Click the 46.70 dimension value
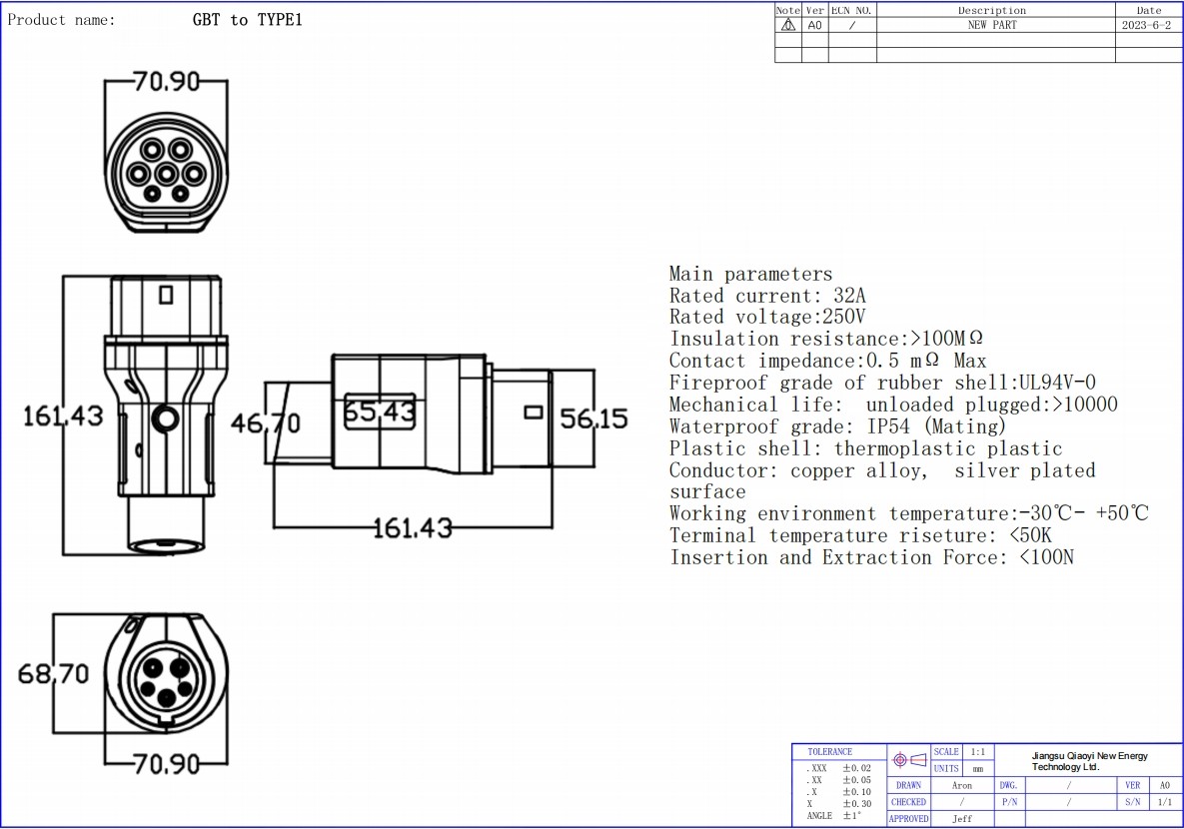point(266,423)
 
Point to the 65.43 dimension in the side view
point(380,412)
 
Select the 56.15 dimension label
point(593,418)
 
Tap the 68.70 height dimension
point(54,674)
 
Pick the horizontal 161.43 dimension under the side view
point(412,527)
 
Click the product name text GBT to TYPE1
point(247,20)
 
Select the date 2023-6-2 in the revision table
point(1146,25)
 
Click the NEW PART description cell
point(992,25)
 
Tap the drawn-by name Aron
point(961,785)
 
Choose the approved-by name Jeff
point(961,819)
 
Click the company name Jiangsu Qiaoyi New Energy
point(1090,756)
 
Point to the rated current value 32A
point(849,296)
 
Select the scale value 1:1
point(977,751)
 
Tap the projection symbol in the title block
point(909,760)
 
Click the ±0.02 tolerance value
point(856,768)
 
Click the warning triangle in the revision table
point(788,25)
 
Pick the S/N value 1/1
point(1164,802)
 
